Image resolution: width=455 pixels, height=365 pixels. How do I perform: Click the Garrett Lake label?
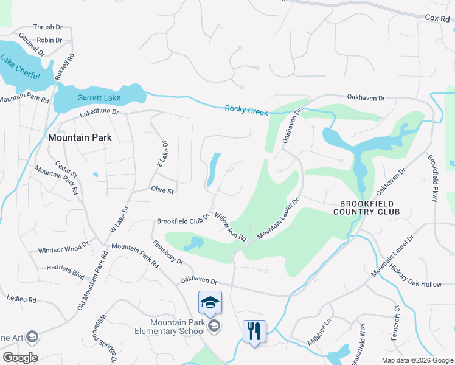(x=99, y=97)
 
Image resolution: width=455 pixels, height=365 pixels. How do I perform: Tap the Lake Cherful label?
(x=20, y=68)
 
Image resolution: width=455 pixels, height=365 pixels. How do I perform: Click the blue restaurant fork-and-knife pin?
(x=254, y=332)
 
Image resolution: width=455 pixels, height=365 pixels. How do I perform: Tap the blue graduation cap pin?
(x=210, y=303)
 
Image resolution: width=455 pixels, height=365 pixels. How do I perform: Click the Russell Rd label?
(x=65, y=68)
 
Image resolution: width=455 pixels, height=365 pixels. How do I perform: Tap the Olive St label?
(x=162, y=190)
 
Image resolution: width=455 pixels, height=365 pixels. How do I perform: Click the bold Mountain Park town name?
(x=80, y=138)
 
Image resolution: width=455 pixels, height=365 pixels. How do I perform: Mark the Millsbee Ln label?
(x=319, y=330)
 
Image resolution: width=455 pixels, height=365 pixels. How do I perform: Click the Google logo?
(x=20, y=358)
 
